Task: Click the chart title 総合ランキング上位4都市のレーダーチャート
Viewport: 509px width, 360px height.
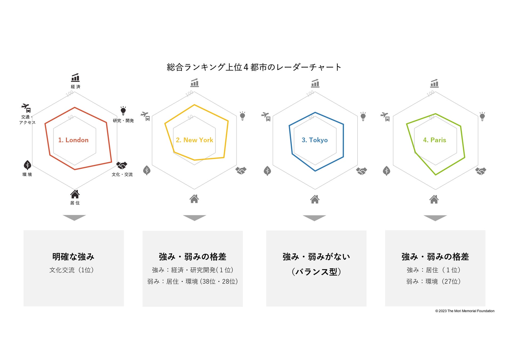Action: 254,67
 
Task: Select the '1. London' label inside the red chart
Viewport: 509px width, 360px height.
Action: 73,140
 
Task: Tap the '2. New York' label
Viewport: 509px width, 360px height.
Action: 194,140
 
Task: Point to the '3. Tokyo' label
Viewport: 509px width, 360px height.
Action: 315,140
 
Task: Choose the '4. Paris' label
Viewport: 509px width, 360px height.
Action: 434,140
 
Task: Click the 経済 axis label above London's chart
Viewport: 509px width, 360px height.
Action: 75,87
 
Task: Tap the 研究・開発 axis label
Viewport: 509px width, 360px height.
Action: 123,121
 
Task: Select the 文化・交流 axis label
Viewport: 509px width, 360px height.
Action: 122,174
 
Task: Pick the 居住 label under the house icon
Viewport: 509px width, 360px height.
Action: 75,203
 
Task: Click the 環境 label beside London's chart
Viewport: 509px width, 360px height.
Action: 27,174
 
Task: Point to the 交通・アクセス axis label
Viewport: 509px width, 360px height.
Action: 27,120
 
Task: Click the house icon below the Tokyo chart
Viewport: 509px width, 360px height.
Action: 315,199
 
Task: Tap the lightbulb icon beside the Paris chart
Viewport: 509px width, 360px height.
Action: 482,117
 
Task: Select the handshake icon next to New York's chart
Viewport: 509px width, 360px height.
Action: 241,171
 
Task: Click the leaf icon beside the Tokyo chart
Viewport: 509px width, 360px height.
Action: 267,171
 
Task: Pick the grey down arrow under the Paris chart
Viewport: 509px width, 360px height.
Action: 435,218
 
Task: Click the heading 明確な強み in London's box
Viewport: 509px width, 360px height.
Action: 73,257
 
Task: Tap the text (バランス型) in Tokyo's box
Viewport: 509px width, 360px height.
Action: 316,272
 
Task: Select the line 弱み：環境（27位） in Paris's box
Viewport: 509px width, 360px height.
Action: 433,281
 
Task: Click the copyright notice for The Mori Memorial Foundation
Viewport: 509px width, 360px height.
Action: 464,311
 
